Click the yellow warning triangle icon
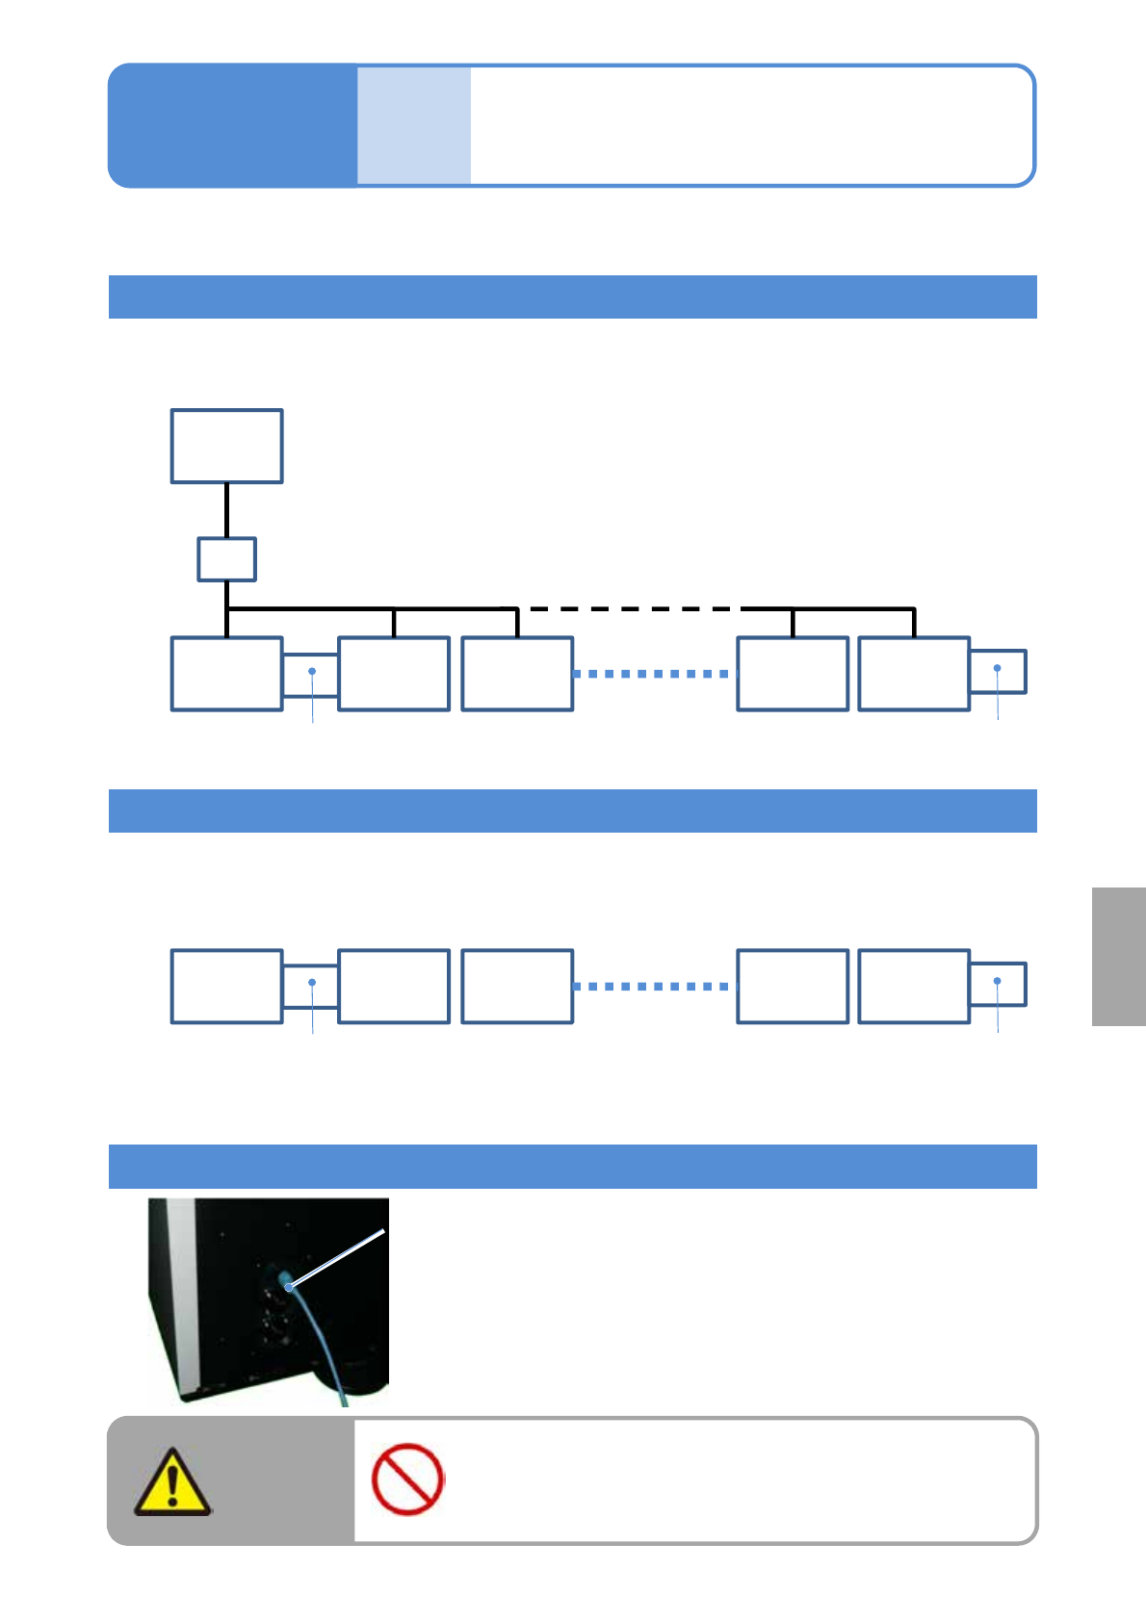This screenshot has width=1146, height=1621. [171, 1483]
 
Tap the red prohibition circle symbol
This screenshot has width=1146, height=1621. [407, 1479]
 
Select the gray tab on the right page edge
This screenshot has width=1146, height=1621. [1118, 956]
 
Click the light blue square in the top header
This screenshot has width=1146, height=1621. [414, 125]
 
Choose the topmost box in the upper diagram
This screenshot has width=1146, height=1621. [226, 446]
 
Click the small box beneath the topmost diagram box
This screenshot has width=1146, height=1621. [226, 559]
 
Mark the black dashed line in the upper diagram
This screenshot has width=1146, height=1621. [631, 609]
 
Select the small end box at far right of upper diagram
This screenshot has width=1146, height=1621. [998, 671]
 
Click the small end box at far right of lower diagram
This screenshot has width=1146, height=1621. [998, 984]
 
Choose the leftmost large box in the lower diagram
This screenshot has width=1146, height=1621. [226, 986]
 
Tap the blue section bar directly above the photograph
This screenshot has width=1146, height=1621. [572, 1166]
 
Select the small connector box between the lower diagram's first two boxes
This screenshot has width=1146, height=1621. [310, 986]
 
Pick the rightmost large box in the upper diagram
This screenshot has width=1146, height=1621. [913, 674]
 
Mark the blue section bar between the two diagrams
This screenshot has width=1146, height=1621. [572, 810]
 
